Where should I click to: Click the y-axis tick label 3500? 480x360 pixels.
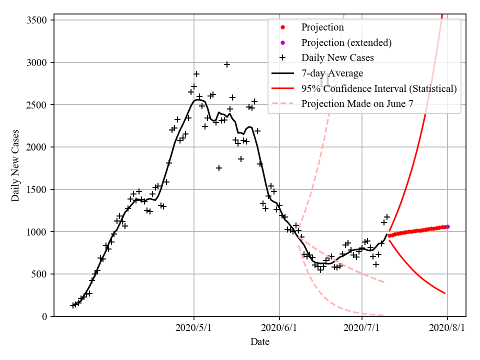tap(37, 20)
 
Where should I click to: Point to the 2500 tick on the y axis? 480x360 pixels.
tap(37, 105)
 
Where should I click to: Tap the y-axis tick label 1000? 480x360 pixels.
tap(37, 232)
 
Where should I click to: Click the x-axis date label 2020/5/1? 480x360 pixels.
tap(194, 328)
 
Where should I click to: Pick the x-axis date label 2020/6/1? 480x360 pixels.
tap(279, 328)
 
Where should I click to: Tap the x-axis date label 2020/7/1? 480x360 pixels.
tap(362, 328)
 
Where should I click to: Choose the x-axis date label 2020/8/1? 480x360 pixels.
tap(447, 328)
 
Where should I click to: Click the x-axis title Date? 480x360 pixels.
tap(260, 342)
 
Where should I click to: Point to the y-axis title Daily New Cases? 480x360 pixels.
tap(15, 165)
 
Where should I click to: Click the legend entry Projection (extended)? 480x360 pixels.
tap(346, 42)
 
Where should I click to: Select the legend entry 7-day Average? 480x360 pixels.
tap(332, 73)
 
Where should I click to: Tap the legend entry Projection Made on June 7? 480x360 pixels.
tap(357, 104)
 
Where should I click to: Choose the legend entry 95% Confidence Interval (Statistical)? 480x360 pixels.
tap(379, 89)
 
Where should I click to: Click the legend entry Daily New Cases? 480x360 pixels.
tap(337, 58)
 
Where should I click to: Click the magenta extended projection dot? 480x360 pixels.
tap(447, 226)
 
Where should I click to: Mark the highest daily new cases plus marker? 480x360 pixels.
tap(227, 64)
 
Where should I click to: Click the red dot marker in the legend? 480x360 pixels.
tap(282, 27)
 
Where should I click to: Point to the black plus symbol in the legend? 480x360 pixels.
tap(282, 58)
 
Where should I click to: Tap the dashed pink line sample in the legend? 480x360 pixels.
tap(282, 104)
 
